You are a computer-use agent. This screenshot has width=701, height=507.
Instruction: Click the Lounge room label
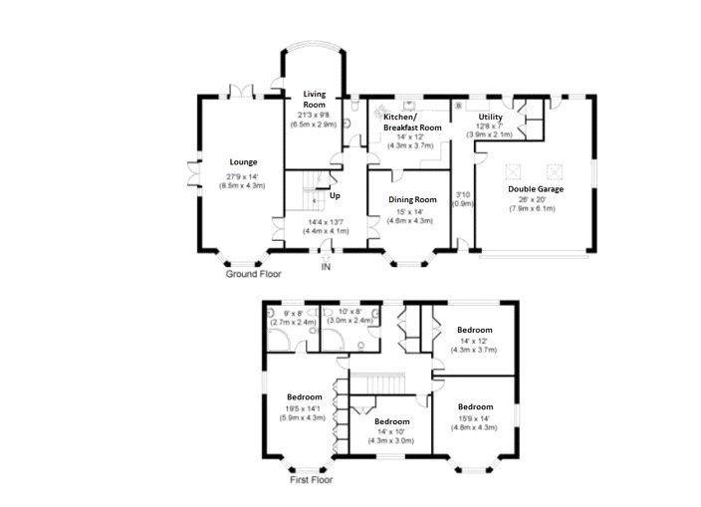point(243,162)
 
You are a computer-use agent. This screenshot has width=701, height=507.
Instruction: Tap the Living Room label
point(315,99)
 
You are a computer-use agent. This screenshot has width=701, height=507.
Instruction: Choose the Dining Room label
point(412,199)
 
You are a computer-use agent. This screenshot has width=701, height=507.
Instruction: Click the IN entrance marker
point(325,267)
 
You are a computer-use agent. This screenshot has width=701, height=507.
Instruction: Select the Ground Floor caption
point(253,273)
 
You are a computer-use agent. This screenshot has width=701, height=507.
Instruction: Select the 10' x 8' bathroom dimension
point(355,317)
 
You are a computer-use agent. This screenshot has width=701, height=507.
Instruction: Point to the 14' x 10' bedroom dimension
point(390,435)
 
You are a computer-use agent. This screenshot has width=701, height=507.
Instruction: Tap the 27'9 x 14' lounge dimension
point(243,181)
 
